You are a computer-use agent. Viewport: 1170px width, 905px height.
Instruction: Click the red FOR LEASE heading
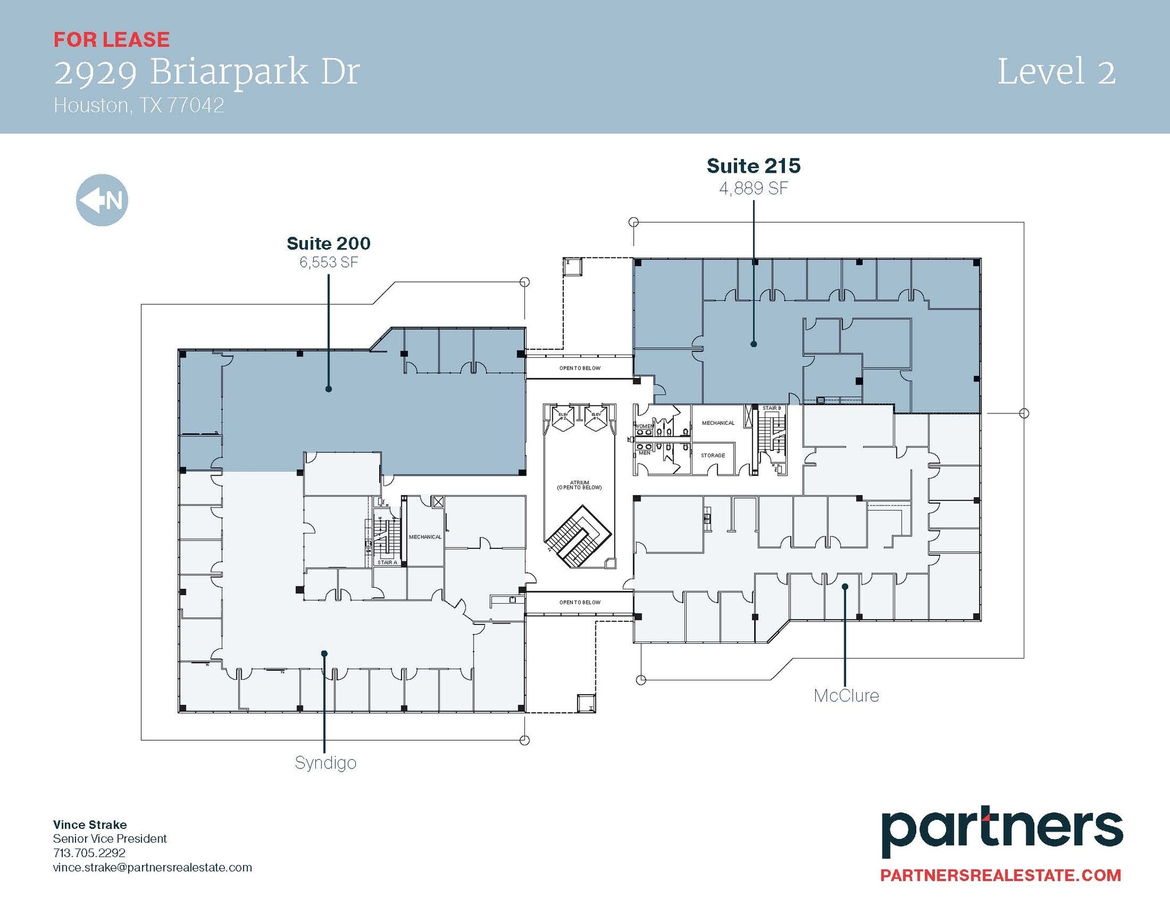(x=111, y=39)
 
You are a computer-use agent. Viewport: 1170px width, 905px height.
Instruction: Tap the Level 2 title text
(x=1056, y=72)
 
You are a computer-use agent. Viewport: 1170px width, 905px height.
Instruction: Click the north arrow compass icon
(x=102, y=200)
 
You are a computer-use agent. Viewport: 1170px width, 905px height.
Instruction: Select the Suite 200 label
(x=328, y=244)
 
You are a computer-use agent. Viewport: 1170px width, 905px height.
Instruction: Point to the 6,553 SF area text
(x=328, y=262)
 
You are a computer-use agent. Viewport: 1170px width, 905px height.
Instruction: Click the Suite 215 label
(x=754, y=166)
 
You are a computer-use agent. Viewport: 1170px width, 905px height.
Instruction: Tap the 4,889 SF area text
(x=754, y=188)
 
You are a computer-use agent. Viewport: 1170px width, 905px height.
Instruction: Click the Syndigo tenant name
(x=325, y=763)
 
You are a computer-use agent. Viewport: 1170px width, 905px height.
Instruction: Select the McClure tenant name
(x=846, y=696)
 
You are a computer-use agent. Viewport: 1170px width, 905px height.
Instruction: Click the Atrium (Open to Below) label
(x=579, y=485)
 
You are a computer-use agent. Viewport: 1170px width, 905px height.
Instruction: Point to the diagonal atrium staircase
(x=578, y=536)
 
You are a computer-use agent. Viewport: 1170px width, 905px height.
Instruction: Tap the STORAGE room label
(x=713, y=456)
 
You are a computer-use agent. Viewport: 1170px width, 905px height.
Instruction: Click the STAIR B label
(x=771, y=408)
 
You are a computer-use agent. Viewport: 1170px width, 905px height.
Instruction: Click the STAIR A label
(x=387, y=563)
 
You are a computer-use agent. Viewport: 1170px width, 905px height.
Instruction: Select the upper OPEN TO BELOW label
(x=580, y=368)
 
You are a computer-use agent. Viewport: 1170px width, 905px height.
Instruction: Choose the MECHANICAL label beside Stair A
(x=425, y=537)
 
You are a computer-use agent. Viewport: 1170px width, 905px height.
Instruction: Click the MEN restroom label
(x=644, y=453)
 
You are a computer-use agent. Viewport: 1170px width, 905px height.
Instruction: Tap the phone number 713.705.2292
(x=89, y=852)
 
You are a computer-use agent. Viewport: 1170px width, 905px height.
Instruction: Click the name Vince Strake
(x=90, y=824)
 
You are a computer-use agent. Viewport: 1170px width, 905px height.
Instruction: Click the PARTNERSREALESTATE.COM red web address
(x=1000, y=875)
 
